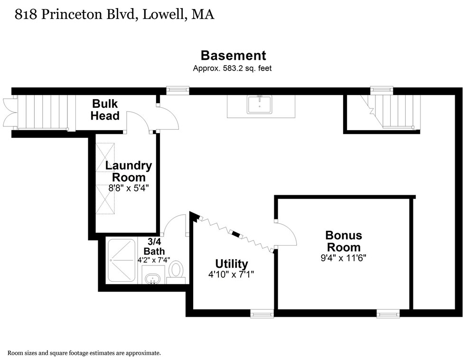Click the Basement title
(x=233, y=55)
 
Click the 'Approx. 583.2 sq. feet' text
(x=232, y=68)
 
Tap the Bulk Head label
(x=105, y=109)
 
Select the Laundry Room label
(x=129, y=171)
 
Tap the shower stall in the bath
(x=121, y=260)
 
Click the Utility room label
(x=232, y=264)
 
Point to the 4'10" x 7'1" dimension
(x=232, y=275)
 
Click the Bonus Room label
(x=343, y=241)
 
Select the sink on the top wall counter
(x=259, y=104)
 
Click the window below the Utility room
(x=262, y=313)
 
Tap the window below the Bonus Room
(x=388, y=313)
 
